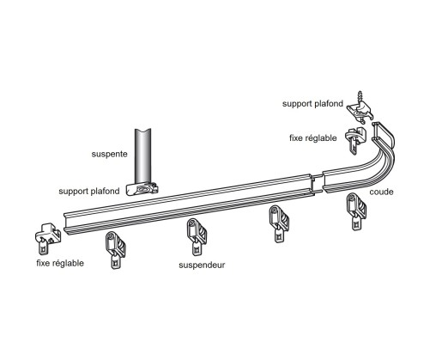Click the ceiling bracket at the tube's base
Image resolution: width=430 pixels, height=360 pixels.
[142, 187]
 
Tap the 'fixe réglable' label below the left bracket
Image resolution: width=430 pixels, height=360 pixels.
[60, 262]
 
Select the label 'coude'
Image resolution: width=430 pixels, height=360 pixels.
[381, 192]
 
